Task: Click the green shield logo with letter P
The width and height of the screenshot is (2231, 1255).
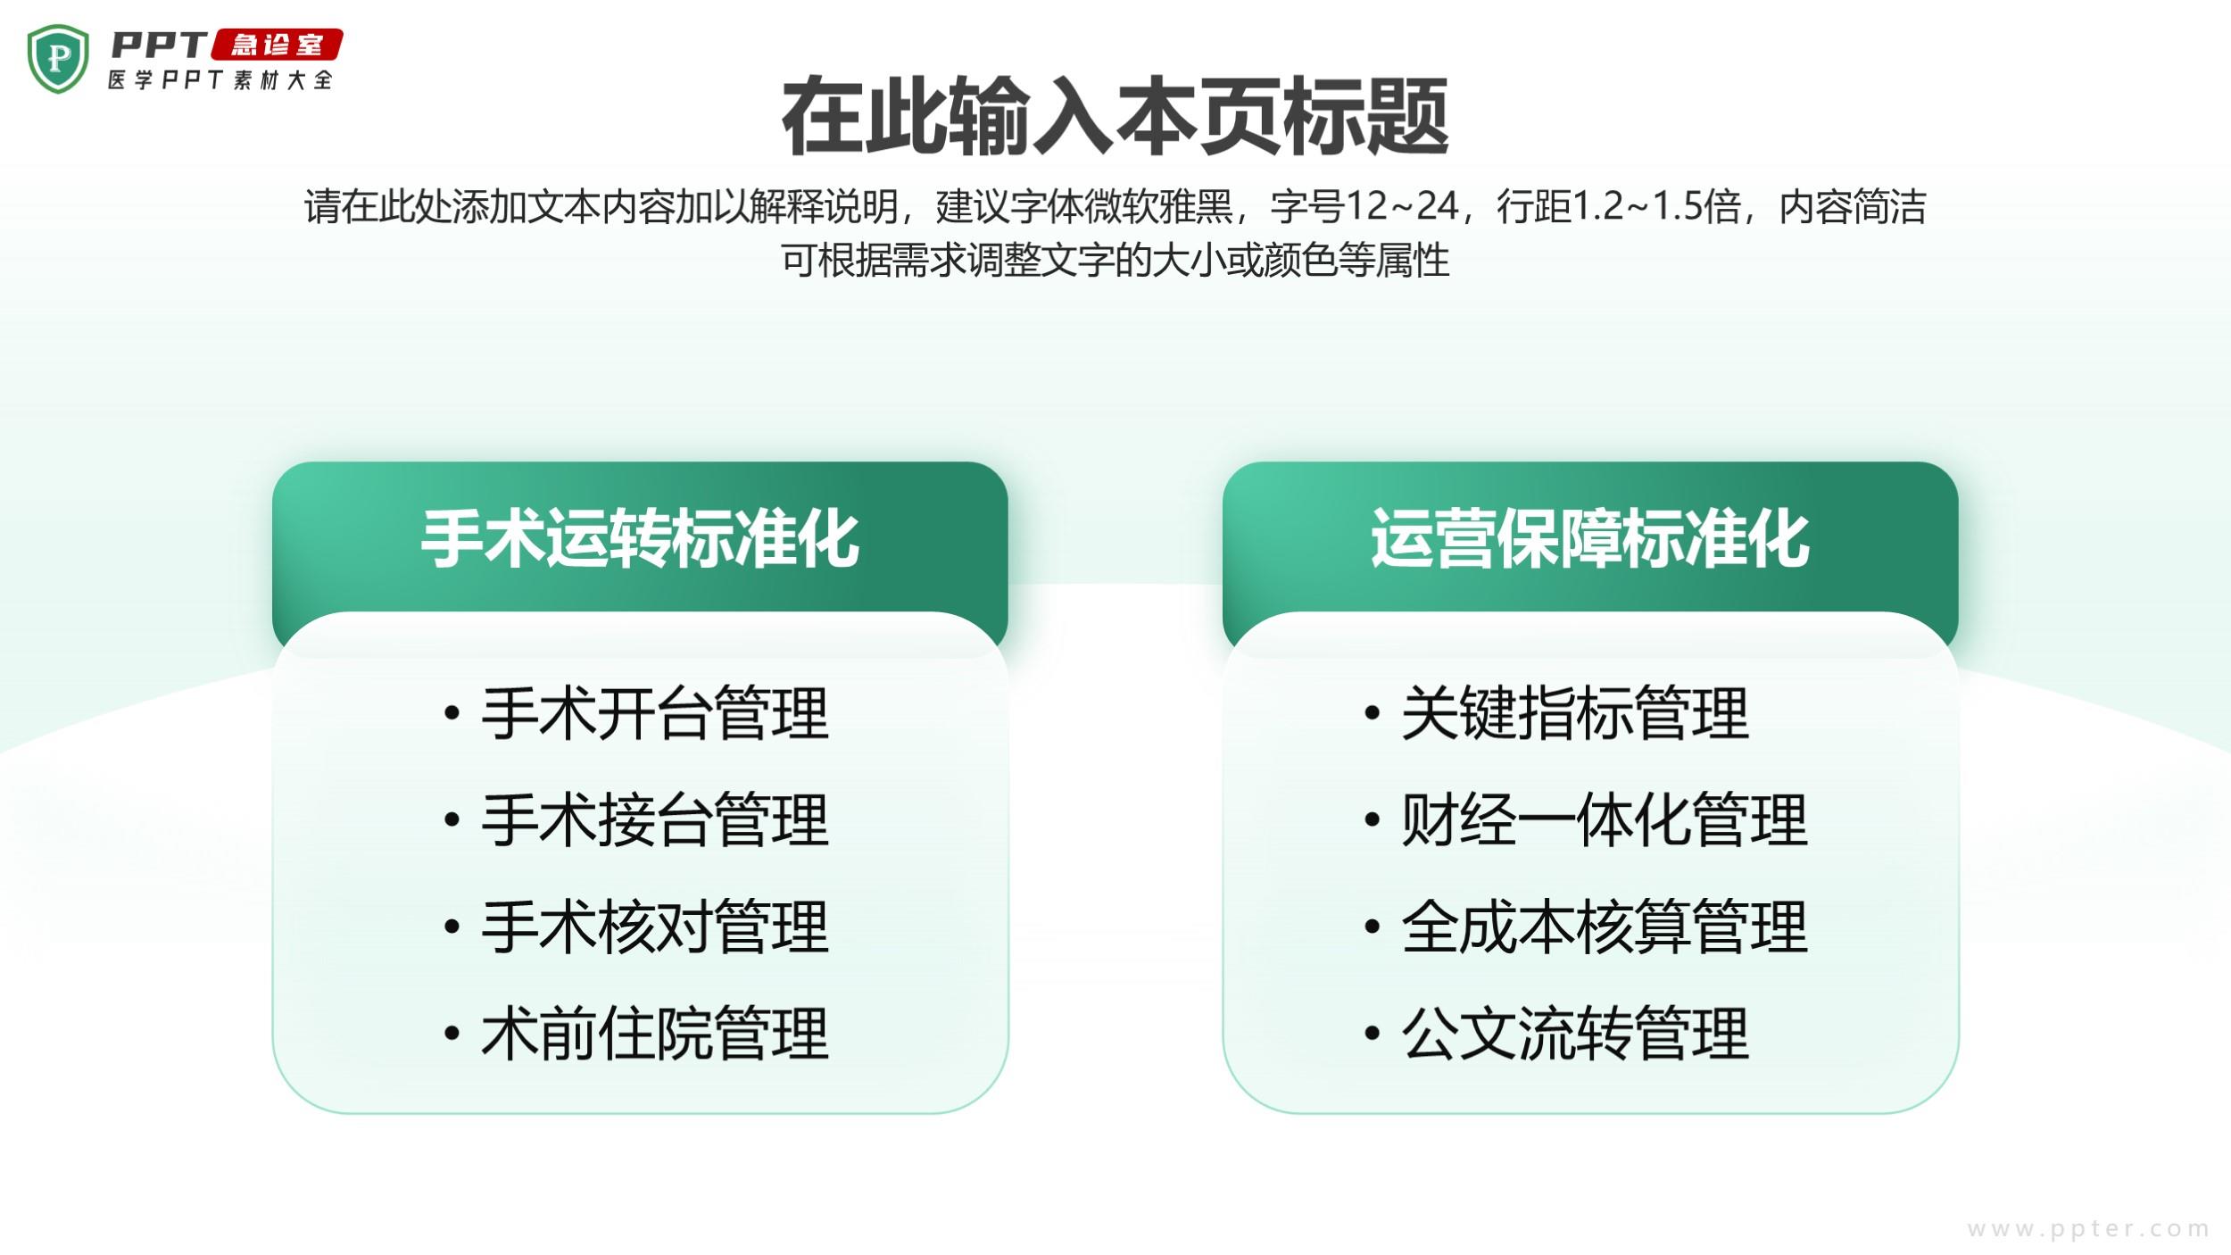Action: [58, 59]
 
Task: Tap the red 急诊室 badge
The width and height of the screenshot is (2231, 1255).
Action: [277, 45]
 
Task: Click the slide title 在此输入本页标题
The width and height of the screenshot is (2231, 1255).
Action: [1115, 117]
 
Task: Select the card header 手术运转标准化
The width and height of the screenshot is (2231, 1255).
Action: [640, 539]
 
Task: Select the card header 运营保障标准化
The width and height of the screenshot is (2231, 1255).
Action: [1590, 539]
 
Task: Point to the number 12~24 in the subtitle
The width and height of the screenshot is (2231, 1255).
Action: [1402, 206]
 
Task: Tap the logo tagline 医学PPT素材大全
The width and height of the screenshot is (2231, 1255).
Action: [220, 79]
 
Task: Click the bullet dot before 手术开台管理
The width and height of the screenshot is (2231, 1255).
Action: [452, 713]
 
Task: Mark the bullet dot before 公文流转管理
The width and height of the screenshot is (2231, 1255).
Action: [1373, 1034]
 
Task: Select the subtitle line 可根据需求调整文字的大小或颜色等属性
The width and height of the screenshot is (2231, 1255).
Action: [1115, 260]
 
